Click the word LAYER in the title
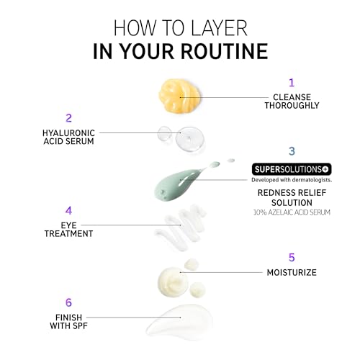(218, 28)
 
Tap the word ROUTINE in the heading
(225, 51)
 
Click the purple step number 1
(292, 83)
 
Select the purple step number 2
(68, 118)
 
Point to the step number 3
(292, 151)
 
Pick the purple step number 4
(68, 210)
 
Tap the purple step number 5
(292, 258)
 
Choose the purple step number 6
(68, 302)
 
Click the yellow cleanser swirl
(179, 96)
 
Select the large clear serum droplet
(190, 139)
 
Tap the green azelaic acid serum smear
(179, 184)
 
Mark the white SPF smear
(180, 323)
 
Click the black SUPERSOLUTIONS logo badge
(292, 169)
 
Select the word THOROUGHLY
(292, 105)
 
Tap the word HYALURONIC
(68, 133)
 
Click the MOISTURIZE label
(292, 273)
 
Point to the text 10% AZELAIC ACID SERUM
(292, 212)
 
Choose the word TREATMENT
(68, 233)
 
